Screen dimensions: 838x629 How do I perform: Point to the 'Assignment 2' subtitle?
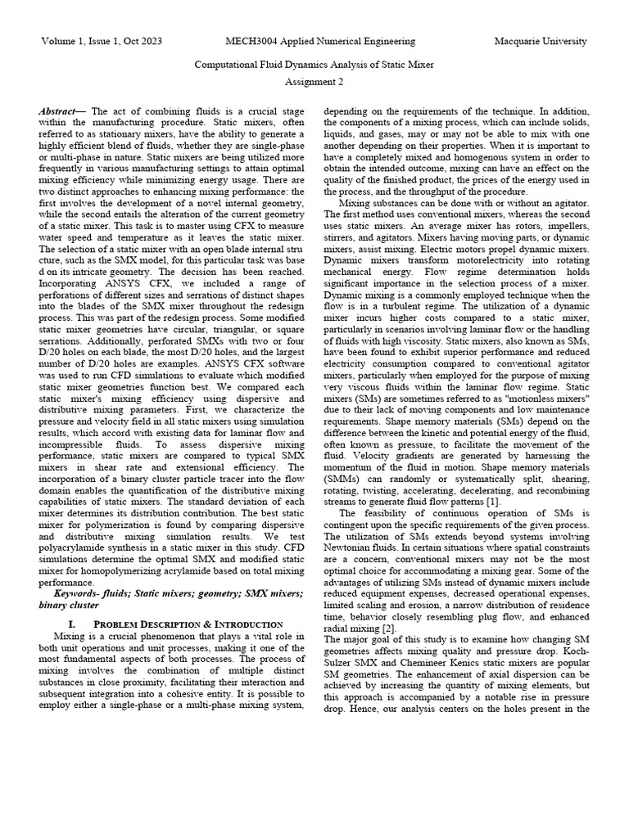314,82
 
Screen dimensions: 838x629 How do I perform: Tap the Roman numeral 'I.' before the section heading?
96,624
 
